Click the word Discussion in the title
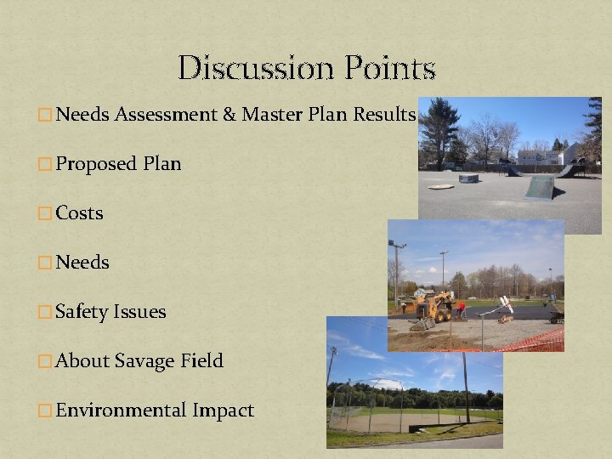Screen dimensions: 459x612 247,68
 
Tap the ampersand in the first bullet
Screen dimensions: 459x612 229,114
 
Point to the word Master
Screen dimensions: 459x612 269,114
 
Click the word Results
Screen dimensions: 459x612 384,114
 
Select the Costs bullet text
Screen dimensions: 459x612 79,212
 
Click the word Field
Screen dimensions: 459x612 201,360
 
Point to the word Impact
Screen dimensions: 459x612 223,411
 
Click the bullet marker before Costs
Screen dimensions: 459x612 45,213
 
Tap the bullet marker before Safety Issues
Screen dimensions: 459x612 45,312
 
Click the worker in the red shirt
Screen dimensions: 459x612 461,308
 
